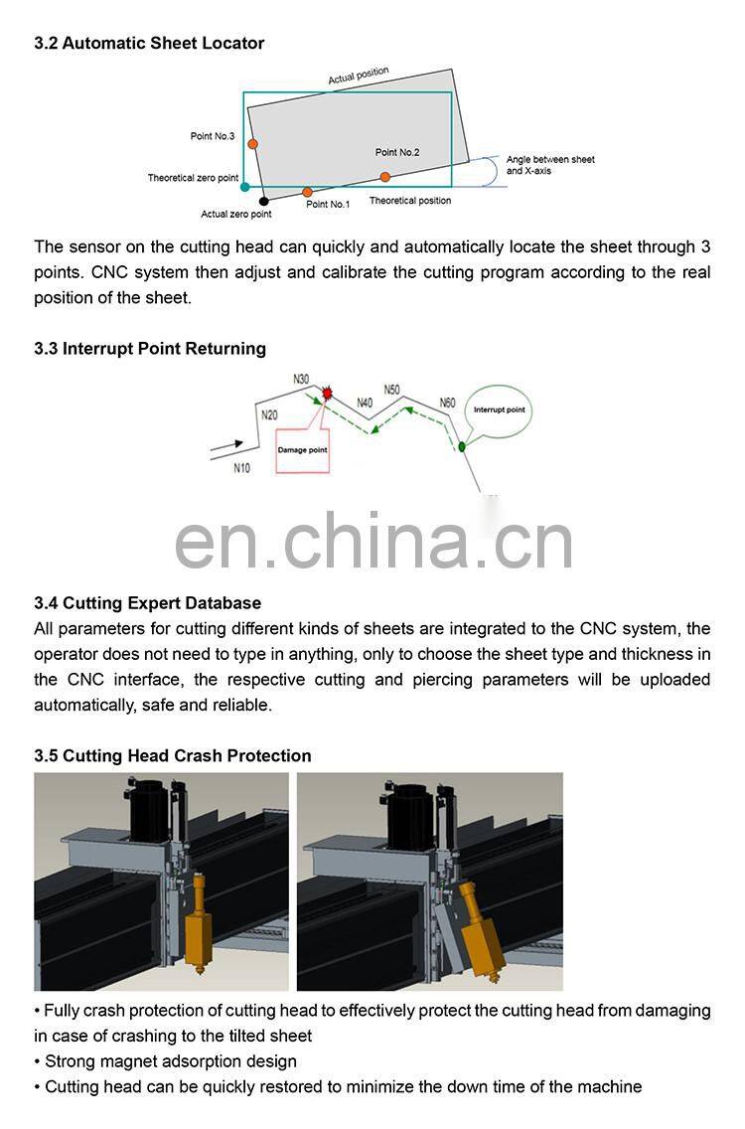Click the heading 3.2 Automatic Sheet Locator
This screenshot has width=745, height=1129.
click(149, 44)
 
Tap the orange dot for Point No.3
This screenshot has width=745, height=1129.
click(253, 144)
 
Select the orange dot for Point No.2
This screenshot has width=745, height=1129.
click(384, 176)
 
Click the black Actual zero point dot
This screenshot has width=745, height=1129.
click(263, 201)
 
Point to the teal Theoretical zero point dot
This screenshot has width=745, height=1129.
click(244, 187)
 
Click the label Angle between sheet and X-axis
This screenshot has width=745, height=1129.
click(549, 165)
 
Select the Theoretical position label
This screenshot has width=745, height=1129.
click(409, 201)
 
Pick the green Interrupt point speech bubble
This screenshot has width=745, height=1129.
click(499, 409)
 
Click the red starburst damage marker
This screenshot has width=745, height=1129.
click(328, 393)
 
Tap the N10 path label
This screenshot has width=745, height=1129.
click(241, 468)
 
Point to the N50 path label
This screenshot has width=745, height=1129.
click(392, 390)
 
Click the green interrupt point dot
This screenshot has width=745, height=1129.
click(462, 446)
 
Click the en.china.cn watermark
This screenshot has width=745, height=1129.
click(373, 543)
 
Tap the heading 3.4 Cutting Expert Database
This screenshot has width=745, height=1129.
click(147, 603)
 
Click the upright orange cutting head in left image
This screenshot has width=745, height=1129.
click(199, 919)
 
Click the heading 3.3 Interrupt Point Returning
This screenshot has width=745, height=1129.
click(150, 349)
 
